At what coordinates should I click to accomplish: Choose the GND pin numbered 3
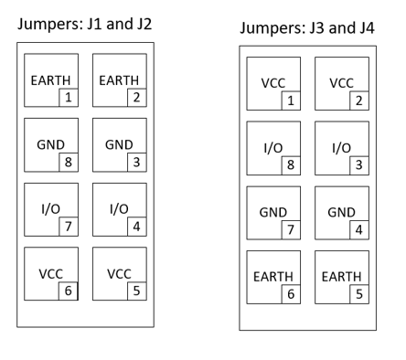pos(119,145)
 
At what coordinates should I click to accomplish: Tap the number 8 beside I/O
pos(289,164)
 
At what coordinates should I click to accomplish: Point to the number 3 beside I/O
pos(357,164)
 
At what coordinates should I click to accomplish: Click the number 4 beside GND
pos(357,229)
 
